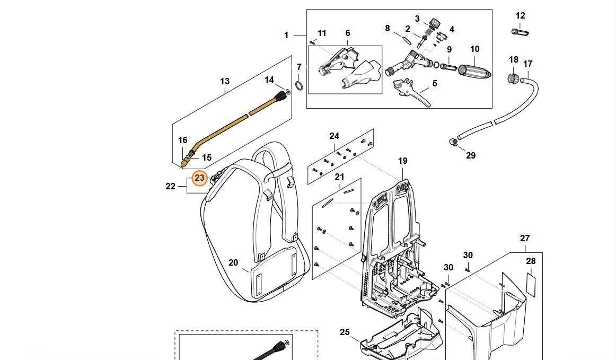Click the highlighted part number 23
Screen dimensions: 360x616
pyautogui.click(x=199, y=178)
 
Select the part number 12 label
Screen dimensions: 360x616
pyautogui.click(x=520, y=16)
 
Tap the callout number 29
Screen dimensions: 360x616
pyautogui.click(x=471, y=155)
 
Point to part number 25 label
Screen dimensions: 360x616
pyautogui.click(x=345, y=332)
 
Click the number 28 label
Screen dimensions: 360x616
pyautogui.click(x=531, y=261)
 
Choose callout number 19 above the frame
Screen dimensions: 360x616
pyautogui.click(x=402, y=161)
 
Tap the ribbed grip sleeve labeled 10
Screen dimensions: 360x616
pyautogui.click(x=474, y=71)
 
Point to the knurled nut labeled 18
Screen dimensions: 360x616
pyautogui.click(x=513, y=78)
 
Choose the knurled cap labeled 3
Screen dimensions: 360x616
pyautogui.click(x=435, y=23)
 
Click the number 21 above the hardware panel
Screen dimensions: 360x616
pyautogui.click(x=339, y=177)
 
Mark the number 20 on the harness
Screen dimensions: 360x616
pyautogui.click(x=234, y=262)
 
